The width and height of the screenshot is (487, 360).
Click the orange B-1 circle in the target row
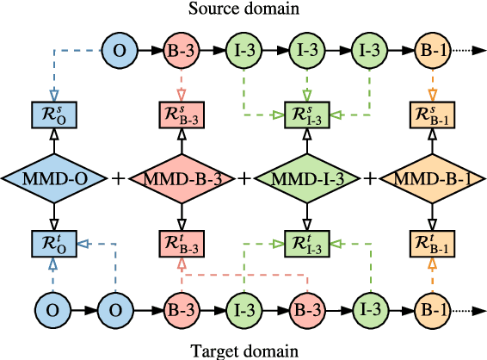tap(430, 307)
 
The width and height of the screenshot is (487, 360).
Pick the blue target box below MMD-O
tap(54, 244)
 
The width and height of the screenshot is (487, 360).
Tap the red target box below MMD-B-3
tap(181, 244)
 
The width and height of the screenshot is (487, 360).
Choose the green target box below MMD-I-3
tap(306, 244)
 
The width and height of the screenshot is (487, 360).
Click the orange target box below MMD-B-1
tap(430, 244)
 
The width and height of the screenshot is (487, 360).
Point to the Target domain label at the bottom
tap(243, 351)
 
